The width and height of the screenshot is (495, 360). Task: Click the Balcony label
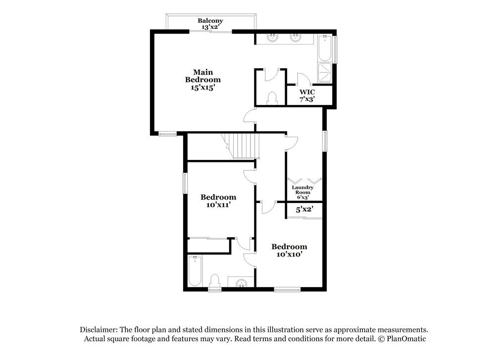[210, 20]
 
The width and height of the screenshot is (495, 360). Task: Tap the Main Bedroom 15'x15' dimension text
[202, 88]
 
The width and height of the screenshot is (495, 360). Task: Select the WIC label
[307, 92]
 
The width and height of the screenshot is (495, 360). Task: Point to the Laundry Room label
[302, 190]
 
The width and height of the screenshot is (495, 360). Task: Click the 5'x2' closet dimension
[304, 209]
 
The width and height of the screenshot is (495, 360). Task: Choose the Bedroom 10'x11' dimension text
[218, 205]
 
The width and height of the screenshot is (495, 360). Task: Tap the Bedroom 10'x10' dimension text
[290, 254]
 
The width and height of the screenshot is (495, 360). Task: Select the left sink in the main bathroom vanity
[272, 38]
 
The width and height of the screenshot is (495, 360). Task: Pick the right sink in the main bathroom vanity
[295, 38]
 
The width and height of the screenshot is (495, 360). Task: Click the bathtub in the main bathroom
[325, 49]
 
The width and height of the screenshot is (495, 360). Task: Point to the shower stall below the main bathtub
[325, 72]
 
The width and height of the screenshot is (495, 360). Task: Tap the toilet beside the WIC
[272, 98]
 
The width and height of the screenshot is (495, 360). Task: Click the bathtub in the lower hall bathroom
[195, 271]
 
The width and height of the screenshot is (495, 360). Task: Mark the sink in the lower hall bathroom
[242, 282]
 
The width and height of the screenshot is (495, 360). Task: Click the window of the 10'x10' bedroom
[287, 289]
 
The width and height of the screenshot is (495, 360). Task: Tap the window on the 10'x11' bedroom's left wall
[185, 183]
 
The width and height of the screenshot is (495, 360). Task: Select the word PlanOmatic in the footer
[406, 339]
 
